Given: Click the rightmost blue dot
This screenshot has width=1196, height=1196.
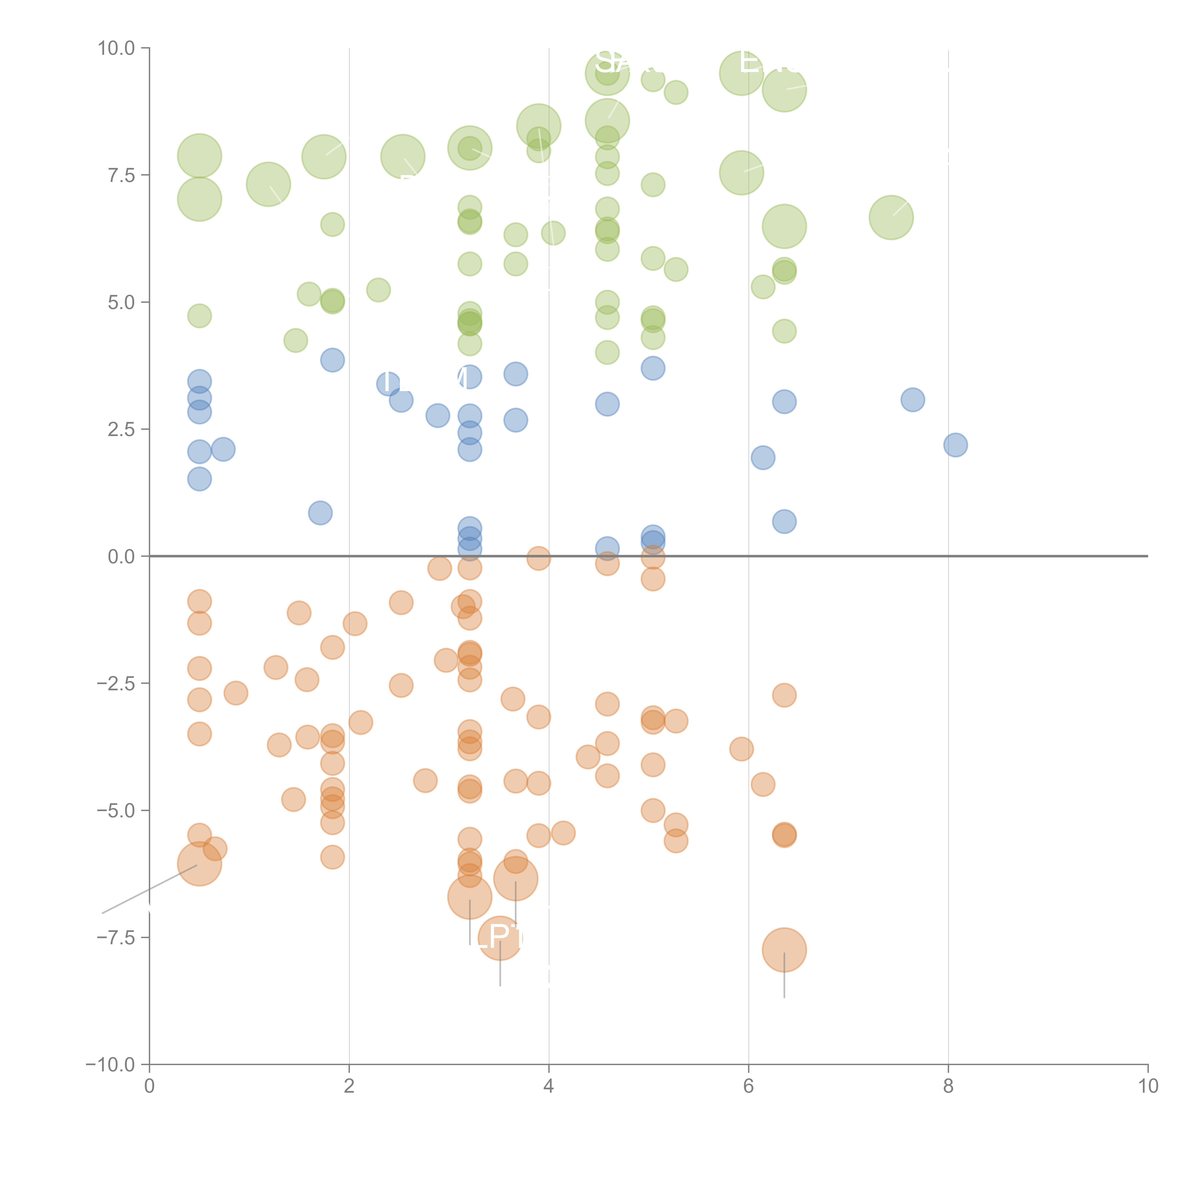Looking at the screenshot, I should click(x=955, y=444).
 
